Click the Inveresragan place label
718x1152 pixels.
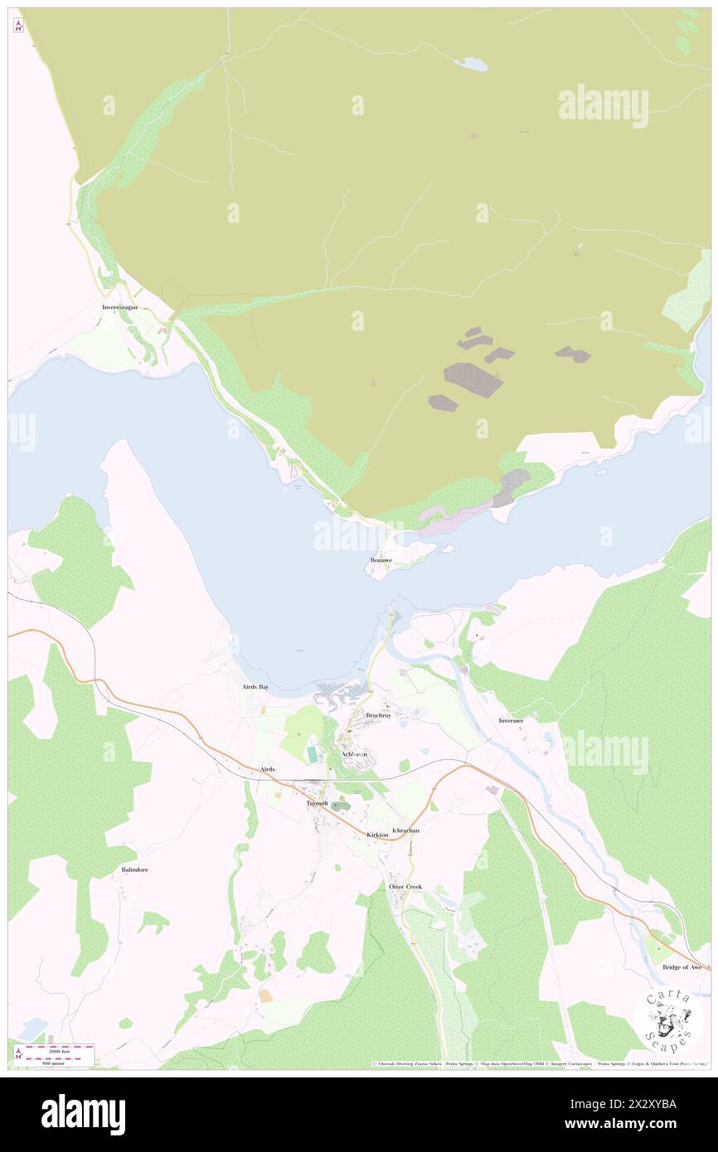tap(119, 307)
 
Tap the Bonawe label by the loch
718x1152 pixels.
tap(381, 561)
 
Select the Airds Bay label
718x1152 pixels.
tap(255, 687)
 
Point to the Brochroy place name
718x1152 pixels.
tap(378, 715)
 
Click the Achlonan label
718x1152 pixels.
tap(354, 753)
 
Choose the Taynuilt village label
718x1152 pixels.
tap(318, 803)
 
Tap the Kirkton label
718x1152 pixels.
tap(377, 835)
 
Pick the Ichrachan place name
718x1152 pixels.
tap(405, 830)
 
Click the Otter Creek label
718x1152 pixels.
tap(405, 887)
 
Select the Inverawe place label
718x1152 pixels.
tap(512, 721)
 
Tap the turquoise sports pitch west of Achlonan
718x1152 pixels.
tap(312, 753)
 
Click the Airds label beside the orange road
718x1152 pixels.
tap(267, 769)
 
